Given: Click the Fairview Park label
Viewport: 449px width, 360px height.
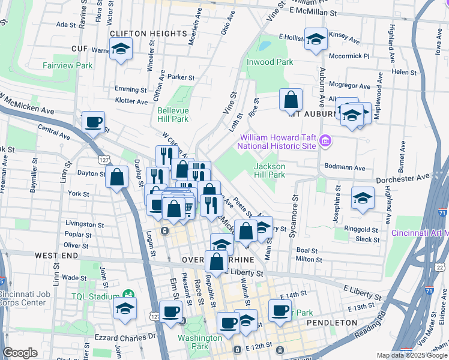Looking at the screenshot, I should click(x=67, y=65).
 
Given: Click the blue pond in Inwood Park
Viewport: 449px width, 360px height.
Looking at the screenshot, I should click(x=264, y=45).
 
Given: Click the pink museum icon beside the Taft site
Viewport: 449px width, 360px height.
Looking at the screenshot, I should click(x=325, y=141).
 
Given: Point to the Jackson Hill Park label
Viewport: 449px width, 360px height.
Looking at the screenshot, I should click(x=269, y=170).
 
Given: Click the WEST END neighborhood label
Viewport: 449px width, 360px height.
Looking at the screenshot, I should click(x=56, y=256).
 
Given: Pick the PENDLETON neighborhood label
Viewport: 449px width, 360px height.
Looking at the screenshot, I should click(x=332, y=323).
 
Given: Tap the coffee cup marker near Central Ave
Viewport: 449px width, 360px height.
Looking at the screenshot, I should click(x=93, y=122).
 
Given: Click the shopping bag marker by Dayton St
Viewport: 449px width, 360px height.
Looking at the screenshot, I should click(x=116, y=177).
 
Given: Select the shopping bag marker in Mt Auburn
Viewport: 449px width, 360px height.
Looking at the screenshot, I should click(x=291, y=99).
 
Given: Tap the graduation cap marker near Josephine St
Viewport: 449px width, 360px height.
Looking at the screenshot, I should click(x=363, y=197).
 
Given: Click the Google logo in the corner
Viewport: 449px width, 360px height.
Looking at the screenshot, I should click(x=20, y=353).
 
